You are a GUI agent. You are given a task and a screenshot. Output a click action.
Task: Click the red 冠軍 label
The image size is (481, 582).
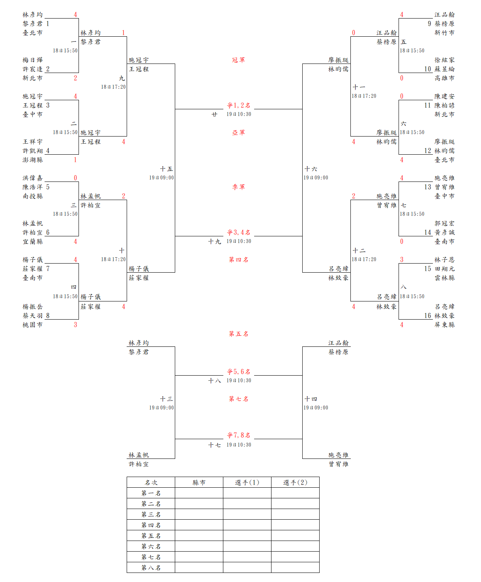coord(238,60)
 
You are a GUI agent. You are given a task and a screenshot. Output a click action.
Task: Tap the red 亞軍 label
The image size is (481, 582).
coord(238,133)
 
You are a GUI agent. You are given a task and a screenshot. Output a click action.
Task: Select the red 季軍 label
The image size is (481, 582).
coord(238,187)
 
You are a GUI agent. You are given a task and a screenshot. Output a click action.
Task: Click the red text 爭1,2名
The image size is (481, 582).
coord(238,105)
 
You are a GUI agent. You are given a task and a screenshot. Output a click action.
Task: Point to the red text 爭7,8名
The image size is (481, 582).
coord(238,435)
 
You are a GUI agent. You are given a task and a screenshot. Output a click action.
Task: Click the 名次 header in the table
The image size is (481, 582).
coord(151,483)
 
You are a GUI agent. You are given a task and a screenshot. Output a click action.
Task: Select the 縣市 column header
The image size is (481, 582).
coord(199,483)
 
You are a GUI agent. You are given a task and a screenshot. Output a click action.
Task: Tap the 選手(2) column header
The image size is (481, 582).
coord(295,483)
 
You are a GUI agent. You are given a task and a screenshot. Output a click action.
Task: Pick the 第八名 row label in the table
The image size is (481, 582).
coord(151,568)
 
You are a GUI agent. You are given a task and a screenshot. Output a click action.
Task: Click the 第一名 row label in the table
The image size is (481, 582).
coord(151,493)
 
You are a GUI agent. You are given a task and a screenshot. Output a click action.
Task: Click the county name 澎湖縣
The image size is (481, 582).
coord(33,160)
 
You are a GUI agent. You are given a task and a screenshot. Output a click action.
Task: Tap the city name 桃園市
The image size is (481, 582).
coord(33,325)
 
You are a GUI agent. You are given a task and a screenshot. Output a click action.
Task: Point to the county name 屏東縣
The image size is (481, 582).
coord(444,325)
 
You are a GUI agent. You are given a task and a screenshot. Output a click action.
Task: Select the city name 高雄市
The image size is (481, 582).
coord(444,78)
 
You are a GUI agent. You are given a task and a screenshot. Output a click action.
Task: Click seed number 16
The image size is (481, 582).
coord(428,316)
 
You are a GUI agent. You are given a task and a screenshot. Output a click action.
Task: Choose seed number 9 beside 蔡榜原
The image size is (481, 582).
coord(429,24)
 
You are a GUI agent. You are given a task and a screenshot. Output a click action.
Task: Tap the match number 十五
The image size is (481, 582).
coord(166,169)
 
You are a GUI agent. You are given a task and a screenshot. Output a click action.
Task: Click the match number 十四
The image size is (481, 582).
coord(311,399)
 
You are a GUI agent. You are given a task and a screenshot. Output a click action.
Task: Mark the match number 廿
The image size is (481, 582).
coord(214,114)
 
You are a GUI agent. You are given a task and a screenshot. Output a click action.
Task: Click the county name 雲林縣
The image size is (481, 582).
coord(444,278)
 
